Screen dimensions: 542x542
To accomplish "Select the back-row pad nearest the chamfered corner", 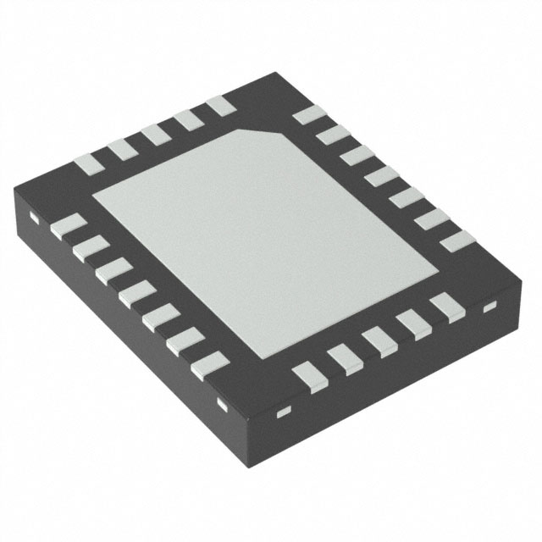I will (219, 106).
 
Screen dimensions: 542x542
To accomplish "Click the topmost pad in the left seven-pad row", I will (68, 225).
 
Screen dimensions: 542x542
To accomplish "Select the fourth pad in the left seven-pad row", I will (136, 297).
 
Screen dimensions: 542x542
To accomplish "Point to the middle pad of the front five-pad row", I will (378, 340).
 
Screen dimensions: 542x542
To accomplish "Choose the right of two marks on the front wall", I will (285, 412).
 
